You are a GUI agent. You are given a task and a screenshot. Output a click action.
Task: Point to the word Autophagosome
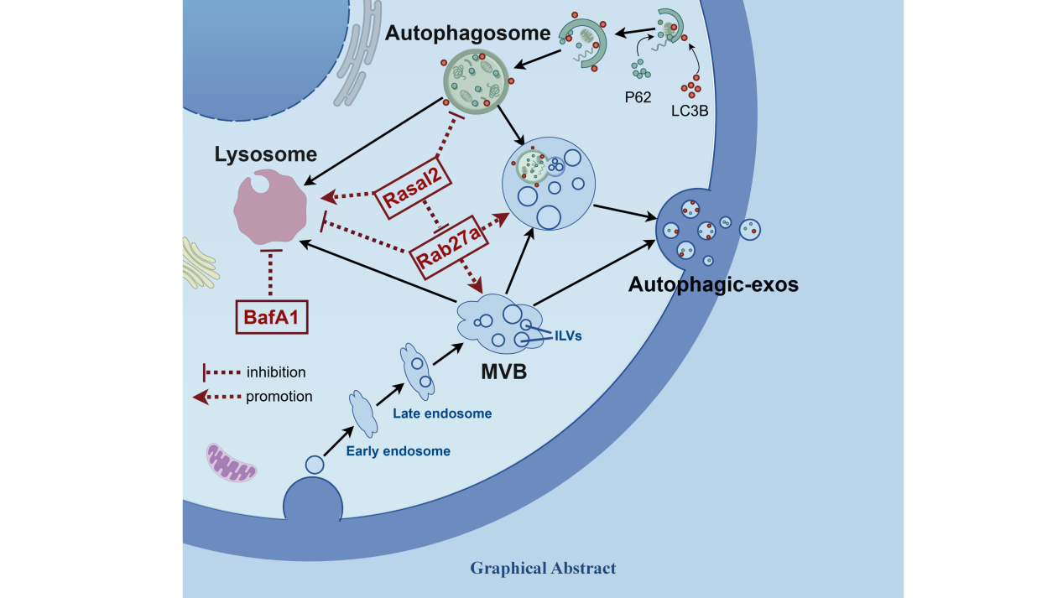(467, 34)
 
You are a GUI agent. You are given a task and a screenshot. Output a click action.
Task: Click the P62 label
(638, 96)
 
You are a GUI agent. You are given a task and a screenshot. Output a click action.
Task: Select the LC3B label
(689, 109)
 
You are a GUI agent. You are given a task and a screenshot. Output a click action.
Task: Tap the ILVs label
(567, 335)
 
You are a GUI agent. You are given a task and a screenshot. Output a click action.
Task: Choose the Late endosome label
(441, 413)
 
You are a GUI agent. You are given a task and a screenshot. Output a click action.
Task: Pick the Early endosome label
(398, 451)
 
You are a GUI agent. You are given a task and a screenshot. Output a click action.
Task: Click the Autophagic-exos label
(713, 284)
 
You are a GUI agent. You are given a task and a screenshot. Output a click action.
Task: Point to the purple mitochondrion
(232, 464)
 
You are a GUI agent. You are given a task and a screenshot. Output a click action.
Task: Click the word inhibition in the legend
(275, 372)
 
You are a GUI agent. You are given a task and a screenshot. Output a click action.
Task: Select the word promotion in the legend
(279, 397)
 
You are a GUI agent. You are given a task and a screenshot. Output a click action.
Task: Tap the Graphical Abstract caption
(543, 569)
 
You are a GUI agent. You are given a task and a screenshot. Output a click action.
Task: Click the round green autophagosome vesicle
(476, 79)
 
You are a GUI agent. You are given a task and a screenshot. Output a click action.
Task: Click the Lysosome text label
(265, 154)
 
